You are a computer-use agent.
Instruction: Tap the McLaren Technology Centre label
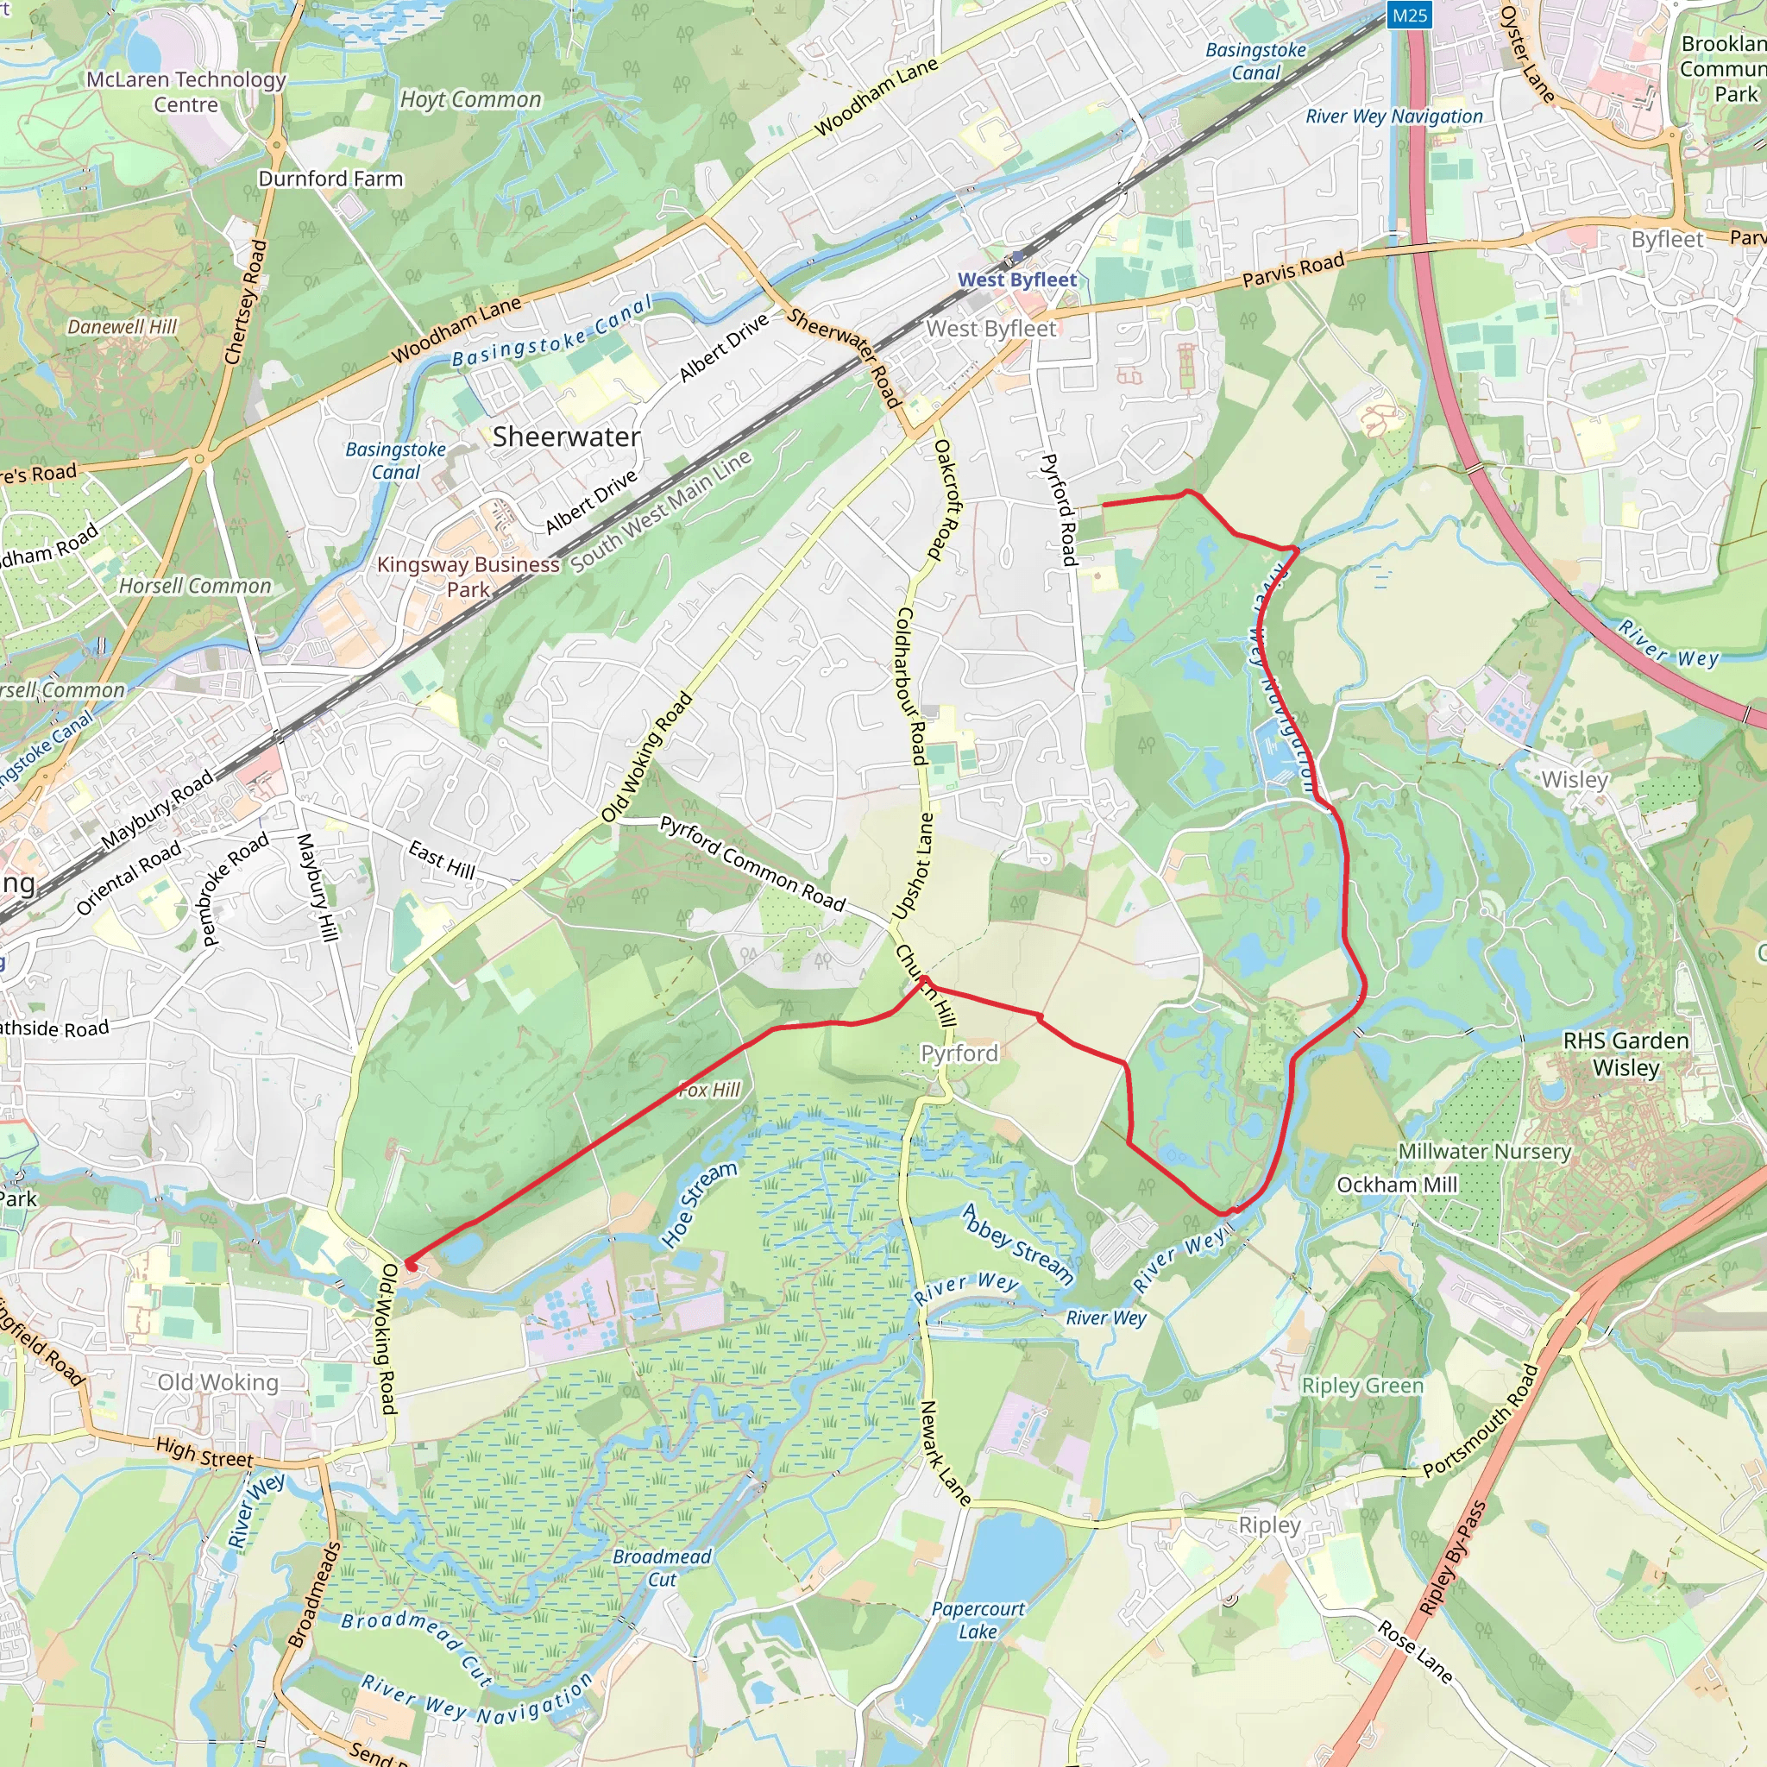click(186, 91)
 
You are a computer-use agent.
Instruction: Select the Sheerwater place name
click(566, 437)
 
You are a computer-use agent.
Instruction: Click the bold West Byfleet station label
click(1017, 280)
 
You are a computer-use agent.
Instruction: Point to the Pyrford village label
click(959, 1053)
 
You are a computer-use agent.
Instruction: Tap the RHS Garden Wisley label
click(1626, 1053)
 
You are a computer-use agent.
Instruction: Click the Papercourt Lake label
click(978, 1619)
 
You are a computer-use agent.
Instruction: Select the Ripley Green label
click(1361, 1386)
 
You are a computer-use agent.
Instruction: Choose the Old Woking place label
click(217, 1382)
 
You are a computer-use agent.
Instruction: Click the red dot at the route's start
click(412, 1266)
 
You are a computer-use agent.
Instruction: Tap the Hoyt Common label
click(471, 100)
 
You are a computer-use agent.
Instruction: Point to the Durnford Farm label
click(330, 179)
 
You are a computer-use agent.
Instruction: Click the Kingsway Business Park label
click(468, 577)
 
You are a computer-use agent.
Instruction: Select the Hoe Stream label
click(699, 1204)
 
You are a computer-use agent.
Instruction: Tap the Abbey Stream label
click(1018, 1243)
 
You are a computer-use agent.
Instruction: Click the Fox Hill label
click(710, 1090)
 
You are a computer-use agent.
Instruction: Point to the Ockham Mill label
click(1397, 1185)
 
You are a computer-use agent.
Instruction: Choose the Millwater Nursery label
click(1484, 1151)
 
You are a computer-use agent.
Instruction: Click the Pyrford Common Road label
click(751, 864)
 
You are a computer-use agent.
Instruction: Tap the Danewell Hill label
click(123, 326)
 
